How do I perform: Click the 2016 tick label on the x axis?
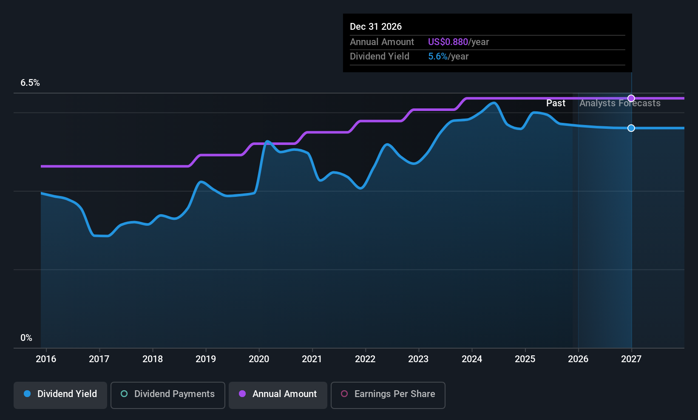[x=46, y=359]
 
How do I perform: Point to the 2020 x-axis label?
[x=259, y=359]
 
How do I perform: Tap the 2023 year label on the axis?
[x=418, y=359]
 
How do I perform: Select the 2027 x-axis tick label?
[x=631, y=359]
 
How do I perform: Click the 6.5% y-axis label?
[x=30, y=83]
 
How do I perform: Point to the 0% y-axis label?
[x=26, y=338]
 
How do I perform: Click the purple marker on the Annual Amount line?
[x=631, y=98]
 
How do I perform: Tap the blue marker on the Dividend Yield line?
[x=631, y=128]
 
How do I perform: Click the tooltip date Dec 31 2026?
[x=376, y=27]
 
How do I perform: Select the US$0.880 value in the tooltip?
[x=448, y=42]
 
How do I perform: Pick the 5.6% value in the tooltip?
[x=438, y=57]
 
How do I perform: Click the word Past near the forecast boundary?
[x=556, y=103]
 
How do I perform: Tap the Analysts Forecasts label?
[x=620, y=103]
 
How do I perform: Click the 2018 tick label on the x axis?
[x=153, y=359]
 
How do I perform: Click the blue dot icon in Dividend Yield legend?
[x=27, y=394]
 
